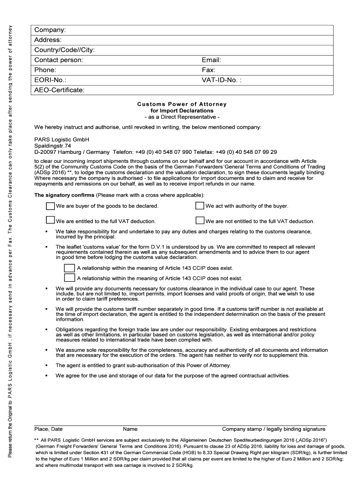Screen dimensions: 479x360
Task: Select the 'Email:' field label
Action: click(211, 60)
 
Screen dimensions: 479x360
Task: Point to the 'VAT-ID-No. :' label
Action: click(222, 80)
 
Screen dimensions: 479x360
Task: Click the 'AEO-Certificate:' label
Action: click(59, 90)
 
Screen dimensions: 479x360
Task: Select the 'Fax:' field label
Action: click(208, 70)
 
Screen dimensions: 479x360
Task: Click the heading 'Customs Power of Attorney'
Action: click(181, 104)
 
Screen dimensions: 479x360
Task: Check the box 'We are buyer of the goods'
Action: click(50, 206)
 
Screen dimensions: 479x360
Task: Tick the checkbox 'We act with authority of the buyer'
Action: click(200, 206)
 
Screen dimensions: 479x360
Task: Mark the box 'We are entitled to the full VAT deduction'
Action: click(50, 221)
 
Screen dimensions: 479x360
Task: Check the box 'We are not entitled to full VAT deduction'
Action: click(200, 221)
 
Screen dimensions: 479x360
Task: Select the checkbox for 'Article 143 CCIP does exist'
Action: click(69, 268)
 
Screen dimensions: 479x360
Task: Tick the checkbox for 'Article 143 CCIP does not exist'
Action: click(69, 278)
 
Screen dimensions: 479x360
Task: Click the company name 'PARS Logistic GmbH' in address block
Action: click(61, 139)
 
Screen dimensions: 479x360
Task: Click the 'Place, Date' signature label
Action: click(49, 429)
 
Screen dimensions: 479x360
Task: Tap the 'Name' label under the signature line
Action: click(130, 429)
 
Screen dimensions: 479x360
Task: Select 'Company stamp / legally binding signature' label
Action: click(274, 429)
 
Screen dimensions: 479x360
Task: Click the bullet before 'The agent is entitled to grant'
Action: click(46, 365)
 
